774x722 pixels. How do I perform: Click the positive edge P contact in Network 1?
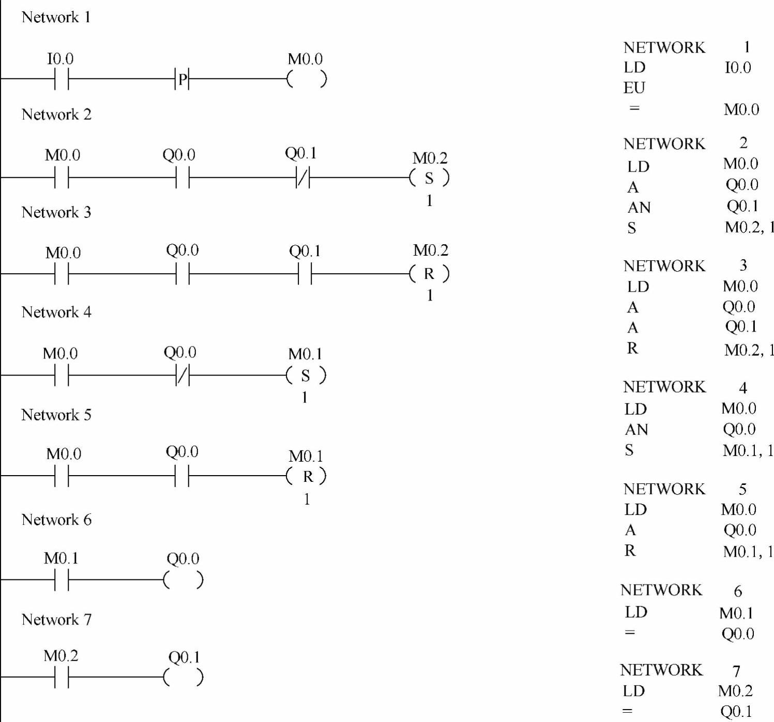point(182,79)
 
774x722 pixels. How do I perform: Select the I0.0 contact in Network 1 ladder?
point(62,79)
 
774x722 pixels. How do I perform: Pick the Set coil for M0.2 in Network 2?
point(429,178)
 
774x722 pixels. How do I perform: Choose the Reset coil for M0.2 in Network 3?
point(429,274)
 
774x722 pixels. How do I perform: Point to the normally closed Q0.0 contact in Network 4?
point(183,375)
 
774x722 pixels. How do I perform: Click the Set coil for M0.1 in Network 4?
point(306,375)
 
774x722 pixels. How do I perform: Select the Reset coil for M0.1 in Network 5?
point(307,476)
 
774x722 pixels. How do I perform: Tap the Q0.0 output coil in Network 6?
point(184,580)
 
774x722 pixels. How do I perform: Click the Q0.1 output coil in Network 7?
point(184,677)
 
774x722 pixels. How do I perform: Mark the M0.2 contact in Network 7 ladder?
point(62,677)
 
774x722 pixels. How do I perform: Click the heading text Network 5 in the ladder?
point(56,415)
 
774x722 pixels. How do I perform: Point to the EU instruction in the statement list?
point(634,88)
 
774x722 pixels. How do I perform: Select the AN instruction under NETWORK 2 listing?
point(639,208)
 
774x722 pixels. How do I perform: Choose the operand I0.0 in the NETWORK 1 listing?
point(738,68)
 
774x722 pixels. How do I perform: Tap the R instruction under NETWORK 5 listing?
point(630,551)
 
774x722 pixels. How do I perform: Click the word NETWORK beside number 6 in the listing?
point(661,590)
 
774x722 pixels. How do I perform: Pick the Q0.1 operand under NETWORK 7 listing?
point(736,711)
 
